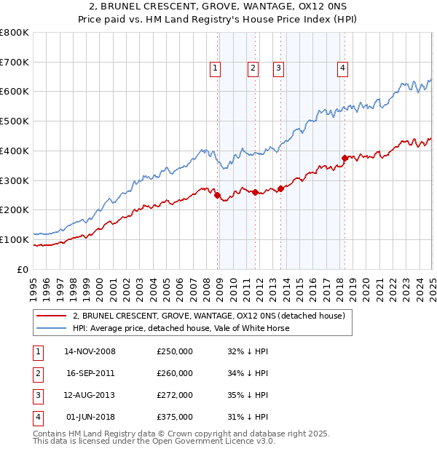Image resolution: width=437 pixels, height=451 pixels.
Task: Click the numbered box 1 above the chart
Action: coord(216,69)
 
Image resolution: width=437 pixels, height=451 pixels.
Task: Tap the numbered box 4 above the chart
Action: coord(342,69)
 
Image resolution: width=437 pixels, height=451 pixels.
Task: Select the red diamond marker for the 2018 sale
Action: coord(345,157)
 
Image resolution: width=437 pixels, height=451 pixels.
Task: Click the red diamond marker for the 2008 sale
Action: coord(217,194)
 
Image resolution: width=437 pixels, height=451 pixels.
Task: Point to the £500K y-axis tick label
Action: coord(15,121)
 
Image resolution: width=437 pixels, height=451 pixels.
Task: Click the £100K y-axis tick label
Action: coord(15,239)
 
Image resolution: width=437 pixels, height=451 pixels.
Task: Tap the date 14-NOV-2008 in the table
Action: coord(90,351)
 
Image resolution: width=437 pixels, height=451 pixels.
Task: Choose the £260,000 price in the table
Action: coord(175,373)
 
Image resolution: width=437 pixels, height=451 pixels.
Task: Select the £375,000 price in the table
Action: coord(175,417)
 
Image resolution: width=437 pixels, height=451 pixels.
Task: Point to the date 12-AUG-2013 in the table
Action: coord(90,395)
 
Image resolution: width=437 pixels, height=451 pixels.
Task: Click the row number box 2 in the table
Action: coord(37,373)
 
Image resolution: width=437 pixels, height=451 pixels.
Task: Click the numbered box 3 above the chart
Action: coord(279,69)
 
